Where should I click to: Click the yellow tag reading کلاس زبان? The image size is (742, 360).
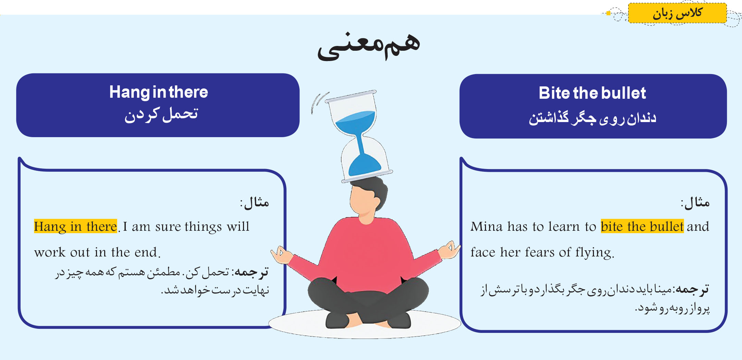[677, 13]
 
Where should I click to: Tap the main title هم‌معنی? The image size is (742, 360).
[369, 46]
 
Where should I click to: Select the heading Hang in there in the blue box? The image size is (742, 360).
[159, 92]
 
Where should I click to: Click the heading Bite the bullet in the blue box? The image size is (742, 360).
[592, 93]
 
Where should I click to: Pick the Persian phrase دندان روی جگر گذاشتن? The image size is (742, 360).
[592, 118]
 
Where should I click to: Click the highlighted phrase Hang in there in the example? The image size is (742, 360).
[75, 227]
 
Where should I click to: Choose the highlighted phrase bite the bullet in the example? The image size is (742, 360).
[642, 227]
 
